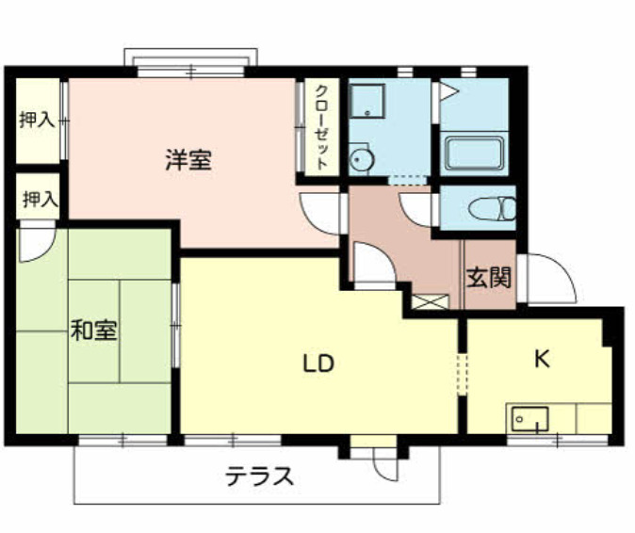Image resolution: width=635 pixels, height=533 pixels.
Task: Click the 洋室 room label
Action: coord(189,160)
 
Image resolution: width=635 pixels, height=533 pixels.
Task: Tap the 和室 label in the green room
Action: coord(94,331)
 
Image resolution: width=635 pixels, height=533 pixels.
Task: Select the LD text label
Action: coord(319,363)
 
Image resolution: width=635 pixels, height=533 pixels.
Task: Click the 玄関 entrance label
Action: coord(489,279)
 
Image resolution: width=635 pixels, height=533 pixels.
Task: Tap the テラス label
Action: coord(260,476)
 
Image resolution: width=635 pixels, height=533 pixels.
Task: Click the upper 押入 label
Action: coord(37,121)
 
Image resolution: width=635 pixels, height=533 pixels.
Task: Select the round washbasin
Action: coord(362,160)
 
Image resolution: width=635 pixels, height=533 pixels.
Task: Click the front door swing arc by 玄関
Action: coord(549,278)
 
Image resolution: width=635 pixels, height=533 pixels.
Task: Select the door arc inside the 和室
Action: coord(34,246)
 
